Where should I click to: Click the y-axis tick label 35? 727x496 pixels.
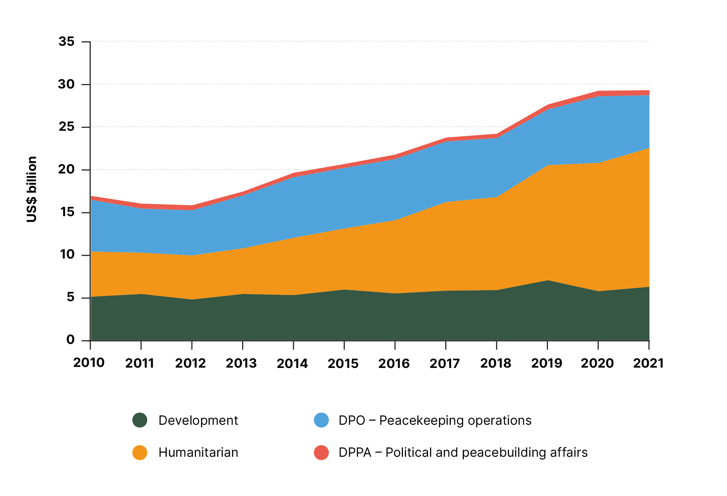(x=66, y=42)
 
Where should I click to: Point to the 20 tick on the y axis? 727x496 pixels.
(x=66, y=169)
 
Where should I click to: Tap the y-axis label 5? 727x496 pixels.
(x=71, y=297)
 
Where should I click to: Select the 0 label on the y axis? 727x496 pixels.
(x=71, y=340)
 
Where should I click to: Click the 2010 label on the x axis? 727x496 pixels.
(x=89, y=363)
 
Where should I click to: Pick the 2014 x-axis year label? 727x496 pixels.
(x=292, y=363)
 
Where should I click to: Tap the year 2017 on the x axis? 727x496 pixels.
(x=445, y=363)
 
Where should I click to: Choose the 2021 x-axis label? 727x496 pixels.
(x=648, y=363)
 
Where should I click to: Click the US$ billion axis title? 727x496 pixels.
(x=32, y=189)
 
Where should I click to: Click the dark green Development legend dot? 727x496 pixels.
(x=140, y=420)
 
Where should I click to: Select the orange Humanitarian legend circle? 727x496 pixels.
(x=140, y=452)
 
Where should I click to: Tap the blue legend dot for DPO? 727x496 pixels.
(x=321, y=420)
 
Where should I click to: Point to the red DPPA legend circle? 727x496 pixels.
(x=321, y=452)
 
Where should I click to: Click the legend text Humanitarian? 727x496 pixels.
(x=198, y=452)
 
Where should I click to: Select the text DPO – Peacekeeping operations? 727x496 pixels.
(x=435, y=420)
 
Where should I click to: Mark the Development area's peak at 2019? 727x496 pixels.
(x=547, y=281)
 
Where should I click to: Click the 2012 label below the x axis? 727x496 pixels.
(x=190, y=363)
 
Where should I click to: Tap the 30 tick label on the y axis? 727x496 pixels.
(x=66, y=84)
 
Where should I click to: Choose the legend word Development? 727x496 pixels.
(x=198, y=420)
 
